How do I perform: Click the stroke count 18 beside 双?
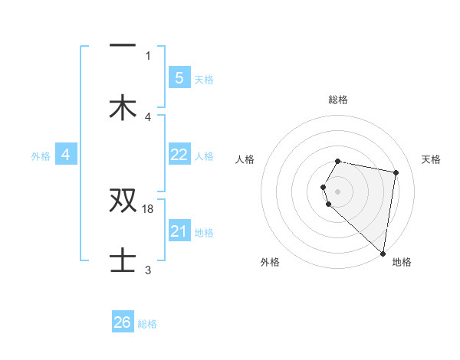coord(149,208)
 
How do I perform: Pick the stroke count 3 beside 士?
coord(148,270)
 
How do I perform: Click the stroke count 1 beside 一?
coord(148,55)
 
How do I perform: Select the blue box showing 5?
coord(179,77)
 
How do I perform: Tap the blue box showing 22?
coord(179,155)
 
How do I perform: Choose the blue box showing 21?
coord(179,231)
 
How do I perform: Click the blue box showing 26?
coord(123,322)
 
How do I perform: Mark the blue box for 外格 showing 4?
coord(66,155)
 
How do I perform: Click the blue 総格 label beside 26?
coord(147,324)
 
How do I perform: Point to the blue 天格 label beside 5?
coord(204,80)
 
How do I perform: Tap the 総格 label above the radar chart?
coord(338,100)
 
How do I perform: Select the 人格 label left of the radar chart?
coord(245,159)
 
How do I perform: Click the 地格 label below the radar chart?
coord(402,262)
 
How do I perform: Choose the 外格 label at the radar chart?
coord(270,262)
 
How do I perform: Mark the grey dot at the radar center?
coord(338,191)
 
